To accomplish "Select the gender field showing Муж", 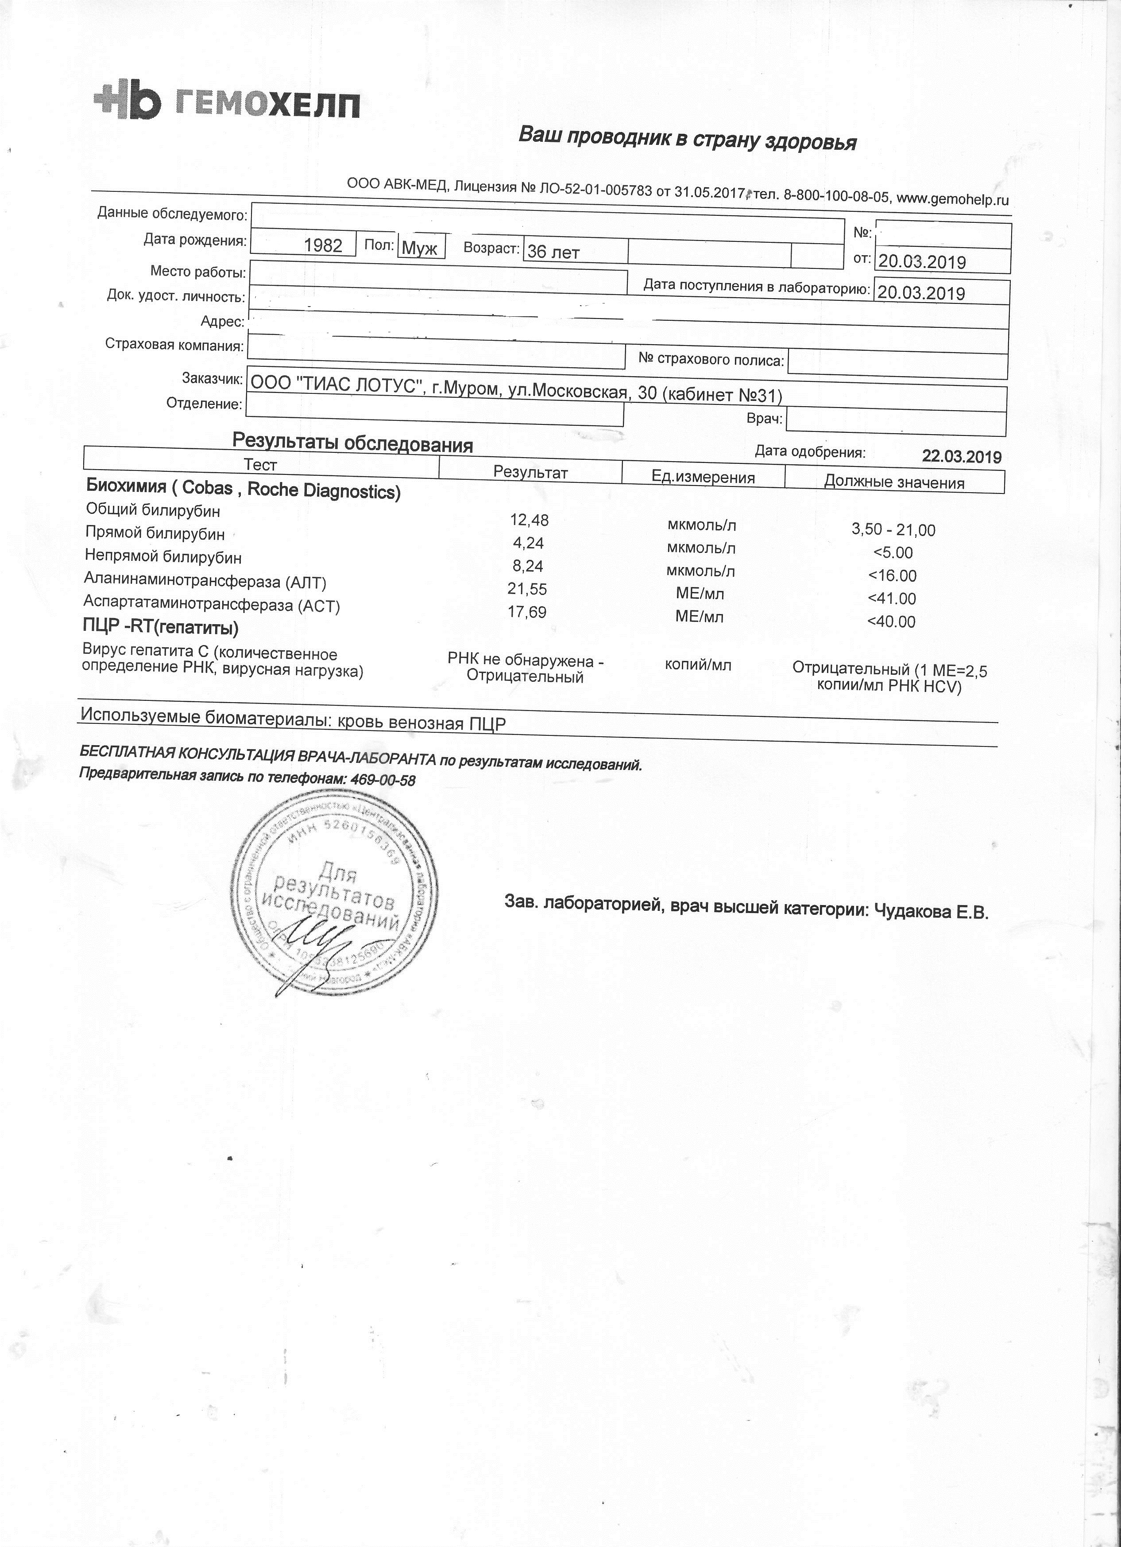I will tap(420, 248).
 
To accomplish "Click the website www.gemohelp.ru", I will tap(952, 199).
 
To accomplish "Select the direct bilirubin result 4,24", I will tap(528, 544).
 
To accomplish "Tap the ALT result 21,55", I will tap(528, 589).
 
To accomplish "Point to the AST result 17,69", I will tap(527, 612).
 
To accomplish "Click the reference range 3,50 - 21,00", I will tap(893, 530).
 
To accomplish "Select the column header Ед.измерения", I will tap(703, 477).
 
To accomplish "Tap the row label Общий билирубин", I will tap(153, 510).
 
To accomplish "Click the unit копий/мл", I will tap(698, 665).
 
